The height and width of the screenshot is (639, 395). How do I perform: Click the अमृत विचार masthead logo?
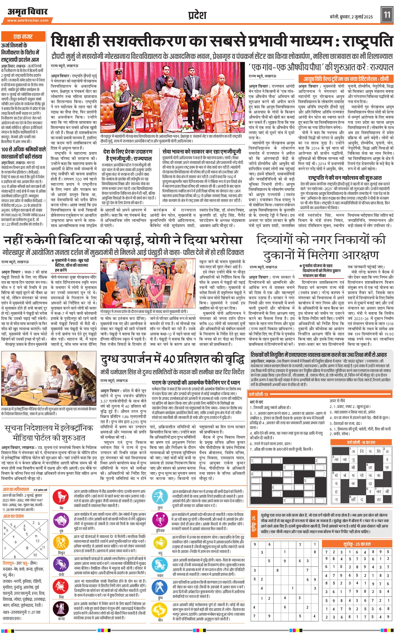[x=27, y=12]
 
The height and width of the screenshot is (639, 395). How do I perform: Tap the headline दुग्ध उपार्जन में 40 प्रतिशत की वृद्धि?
[x=172, y=359]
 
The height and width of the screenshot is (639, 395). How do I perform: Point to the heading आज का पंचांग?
[x=13, y=516]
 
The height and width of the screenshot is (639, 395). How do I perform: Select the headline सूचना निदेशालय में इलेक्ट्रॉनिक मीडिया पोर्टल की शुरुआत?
[x=49, y=433]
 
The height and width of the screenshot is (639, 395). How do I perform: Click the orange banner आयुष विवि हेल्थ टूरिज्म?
[x=346, y=79]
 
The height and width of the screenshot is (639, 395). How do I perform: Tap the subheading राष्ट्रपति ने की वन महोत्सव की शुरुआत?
[x=345, y=178]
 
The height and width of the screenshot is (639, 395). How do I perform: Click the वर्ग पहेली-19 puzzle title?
[x=259, y=394]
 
